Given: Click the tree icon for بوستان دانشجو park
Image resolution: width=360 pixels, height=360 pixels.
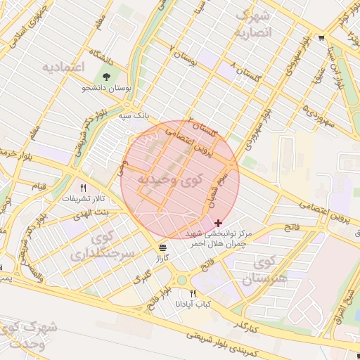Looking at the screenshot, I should (x=106, y=77).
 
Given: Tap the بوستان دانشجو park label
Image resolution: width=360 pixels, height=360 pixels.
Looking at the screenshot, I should (x=105, y=88).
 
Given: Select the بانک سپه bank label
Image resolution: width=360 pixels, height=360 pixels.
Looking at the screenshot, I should (x=134, y=114).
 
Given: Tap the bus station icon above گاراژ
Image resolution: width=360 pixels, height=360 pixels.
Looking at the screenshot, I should (x=163, y=247).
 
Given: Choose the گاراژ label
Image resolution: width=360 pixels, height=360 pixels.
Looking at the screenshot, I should (x=163, y=258).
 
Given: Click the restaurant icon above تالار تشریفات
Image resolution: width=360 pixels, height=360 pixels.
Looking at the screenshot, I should (x=84, y=188).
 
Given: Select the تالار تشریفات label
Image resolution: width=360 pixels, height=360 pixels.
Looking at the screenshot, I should (x=78, y=198).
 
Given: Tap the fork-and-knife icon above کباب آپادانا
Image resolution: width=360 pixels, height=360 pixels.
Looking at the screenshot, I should (x=193, y=293).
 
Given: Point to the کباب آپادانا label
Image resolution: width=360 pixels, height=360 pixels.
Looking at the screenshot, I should (x=193, y=304).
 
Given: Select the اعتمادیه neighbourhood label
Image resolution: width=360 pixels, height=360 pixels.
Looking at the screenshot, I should (x=63, y=67).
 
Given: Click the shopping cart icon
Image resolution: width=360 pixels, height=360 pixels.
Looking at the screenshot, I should (x=321, y=38).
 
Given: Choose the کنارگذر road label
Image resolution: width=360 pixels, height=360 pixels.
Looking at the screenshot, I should (x=244, y=325).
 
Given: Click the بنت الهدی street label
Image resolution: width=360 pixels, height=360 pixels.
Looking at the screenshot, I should (x=92, y=212).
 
